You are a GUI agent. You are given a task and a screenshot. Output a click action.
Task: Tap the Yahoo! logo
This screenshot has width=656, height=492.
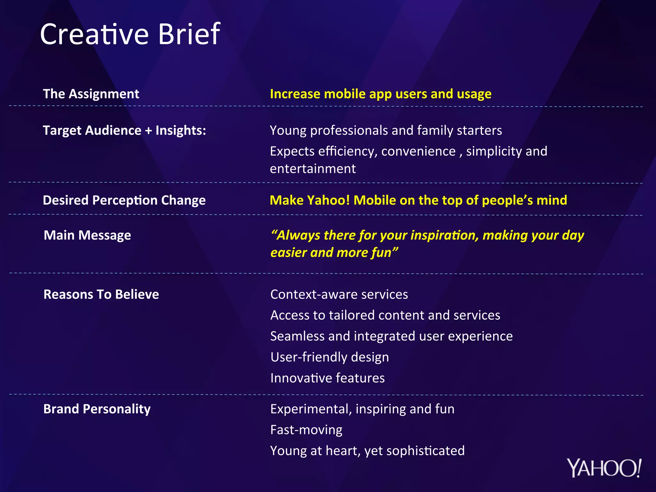tap(604, 468)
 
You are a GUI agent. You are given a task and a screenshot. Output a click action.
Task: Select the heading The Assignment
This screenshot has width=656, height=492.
tap(91, 94)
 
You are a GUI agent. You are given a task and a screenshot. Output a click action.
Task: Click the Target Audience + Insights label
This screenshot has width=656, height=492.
tap(124, 130)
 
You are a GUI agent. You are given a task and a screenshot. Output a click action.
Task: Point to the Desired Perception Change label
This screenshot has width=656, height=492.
tap(124, 200)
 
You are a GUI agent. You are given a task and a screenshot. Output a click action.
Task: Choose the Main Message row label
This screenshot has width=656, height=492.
tap(87, 235)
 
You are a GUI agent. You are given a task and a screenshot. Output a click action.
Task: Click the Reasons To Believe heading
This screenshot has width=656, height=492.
tap(101, 294)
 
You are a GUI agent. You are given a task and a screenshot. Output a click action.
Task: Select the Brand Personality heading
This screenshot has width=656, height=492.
tap(97, 409)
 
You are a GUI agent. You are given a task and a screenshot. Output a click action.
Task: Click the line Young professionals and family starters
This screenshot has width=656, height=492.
tap(386, 130)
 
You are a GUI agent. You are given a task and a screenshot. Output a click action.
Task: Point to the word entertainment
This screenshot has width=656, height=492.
tap(313, 169)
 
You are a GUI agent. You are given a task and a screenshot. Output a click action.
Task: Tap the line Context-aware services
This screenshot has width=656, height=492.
tap(339, 294)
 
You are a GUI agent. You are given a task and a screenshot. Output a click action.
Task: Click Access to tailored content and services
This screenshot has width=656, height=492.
tap(385, 315)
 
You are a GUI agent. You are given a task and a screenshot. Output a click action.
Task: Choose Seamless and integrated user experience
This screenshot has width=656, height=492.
tap(391, 336)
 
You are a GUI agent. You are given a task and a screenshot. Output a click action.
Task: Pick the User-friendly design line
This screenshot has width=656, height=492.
tap(329, 357)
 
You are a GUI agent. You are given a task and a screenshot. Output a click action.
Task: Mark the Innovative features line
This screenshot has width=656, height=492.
tap(327, 378)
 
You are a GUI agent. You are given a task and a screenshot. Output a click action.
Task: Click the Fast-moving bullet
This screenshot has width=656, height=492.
tap(306, 430)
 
